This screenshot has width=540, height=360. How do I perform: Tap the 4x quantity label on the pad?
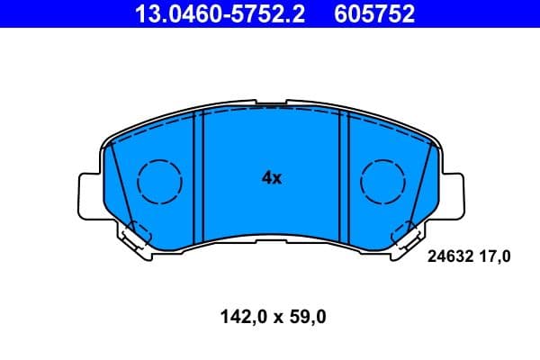[272, 178]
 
